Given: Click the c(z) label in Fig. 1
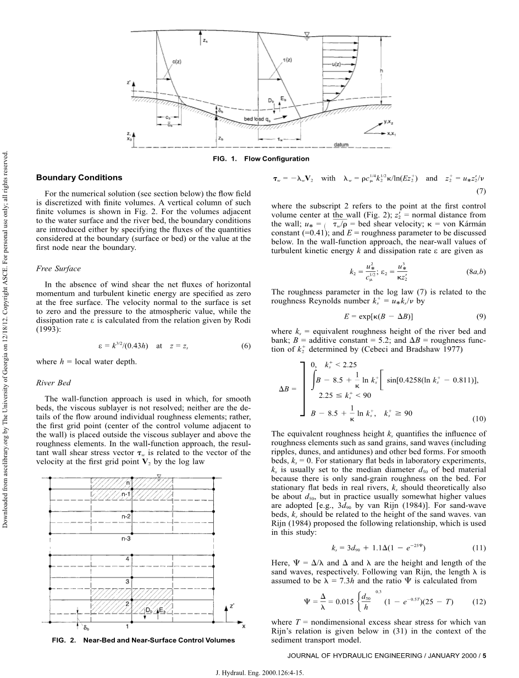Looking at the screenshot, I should tap(177, 62).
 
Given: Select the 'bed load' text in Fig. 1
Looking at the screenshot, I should tap(255, 119).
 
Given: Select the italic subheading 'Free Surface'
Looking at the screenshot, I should tap(58, 269).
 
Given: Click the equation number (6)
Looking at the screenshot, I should tap(246, 346).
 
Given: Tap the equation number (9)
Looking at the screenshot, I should tap(481, 316).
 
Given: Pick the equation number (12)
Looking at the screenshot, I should tap(479, 602).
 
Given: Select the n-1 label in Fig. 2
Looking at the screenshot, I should tap(126, 494).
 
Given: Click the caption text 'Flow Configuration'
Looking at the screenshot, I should tap(277, 158).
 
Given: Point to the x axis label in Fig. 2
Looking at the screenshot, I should tap(244, 626).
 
